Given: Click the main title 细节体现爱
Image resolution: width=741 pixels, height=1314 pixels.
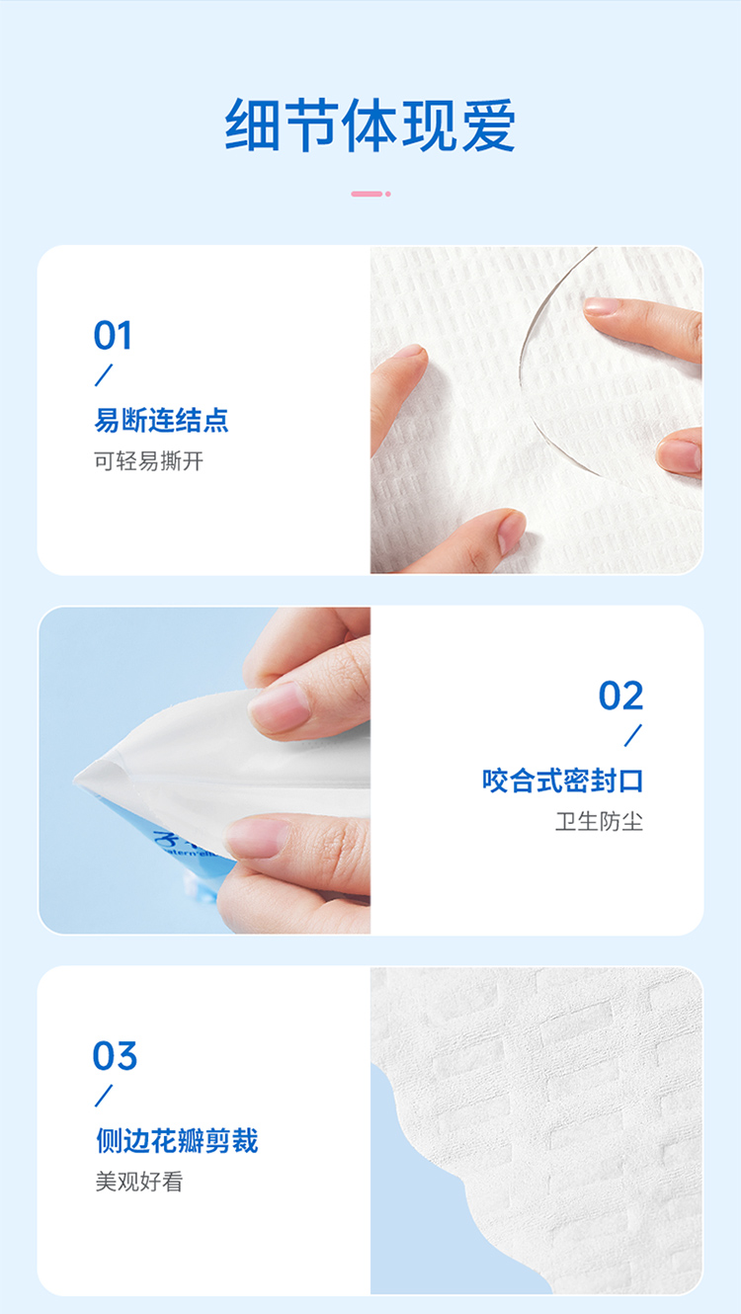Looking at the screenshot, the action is (x=370, y=125).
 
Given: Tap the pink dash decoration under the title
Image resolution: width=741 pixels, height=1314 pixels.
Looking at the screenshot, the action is (x=370, y=194).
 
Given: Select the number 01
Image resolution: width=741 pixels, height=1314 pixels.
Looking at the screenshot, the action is (x=113, y=336).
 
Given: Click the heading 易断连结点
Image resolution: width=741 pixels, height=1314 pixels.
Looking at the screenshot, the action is (x=161, y=420).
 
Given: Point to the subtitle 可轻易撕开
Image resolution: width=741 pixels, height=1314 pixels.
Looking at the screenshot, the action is (x=149, y=461).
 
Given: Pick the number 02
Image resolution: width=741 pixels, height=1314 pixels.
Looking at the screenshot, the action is (x=620, y=696).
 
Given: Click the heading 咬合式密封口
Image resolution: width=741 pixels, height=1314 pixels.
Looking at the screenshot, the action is (x=562, y=780).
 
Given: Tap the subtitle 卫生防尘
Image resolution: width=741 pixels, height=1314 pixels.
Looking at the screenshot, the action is (x=599, y=822).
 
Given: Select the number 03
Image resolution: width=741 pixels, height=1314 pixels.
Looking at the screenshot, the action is (x=115, y=1056).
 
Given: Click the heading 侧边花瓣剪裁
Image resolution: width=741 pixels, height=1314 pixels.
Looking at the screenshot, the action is (x=177, y=1141).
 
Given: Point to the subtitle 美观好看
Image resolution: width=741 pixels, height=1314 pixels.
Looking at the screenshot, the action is (x=139, y=1182).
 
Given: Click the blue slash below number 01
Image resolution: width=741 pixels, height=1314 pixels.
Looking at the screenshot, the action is (x=104, y=375).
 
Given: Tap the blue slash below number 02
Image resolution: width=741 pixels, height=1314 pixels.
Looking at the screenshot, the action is (x=633, y=736).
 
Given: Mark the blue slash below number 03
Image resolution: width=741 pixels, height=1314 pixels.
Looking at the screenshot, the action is (x=104, y=1096).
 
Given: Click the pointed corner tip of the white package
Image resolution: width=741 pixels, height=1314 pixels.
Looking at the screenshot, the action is (x=75, y=780).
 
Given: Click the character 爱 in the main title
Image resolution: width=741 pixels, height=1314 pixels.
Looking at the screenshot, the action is (x=488, y=125).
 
